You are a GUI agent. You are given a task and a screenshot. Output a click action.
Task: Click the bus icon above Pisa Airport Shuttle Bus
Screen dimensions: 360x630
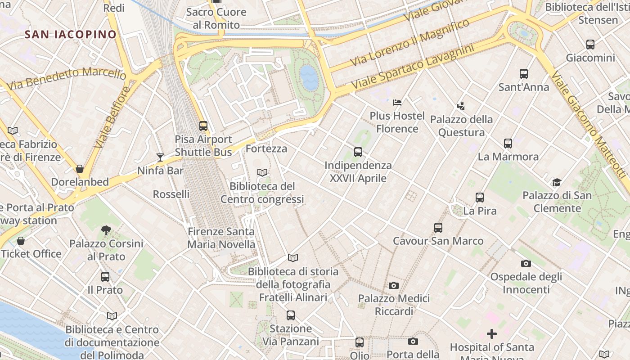click(x=203, y=126)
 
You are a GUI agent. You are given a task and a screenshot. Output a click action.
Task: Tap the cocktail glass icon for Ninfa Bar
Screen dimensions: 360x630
click(x=160, y=157)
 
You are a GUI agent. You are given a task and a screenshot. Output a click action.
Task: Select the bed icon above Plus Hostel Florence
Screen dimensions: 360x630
click(x=397, y=103)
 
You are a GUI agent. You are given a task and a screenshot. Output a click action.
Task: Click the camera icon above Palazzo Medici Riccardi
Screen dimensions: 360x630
click(x=394, y=285)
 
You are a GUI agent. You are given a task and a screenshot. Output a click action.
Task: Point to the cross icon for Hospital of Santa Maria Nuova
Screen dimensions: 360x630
click(x=492, y=334)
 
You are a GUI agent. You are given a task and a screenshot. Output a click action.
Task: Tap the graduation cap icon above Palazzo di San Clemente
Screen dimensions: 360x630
click(x=557, y=182)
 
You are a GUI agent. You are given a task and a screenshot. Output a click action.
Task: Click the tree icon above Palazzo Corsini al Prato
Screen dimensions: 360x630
click(x=106, y=230)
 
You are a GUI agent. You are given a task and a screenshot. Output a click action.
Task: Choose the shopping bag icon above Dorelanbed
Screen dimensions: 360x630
click(x=80, y=169)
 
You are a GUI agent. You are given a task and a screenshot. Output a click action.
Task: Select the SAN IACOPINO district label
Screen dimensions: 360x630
click(x=71, y=34)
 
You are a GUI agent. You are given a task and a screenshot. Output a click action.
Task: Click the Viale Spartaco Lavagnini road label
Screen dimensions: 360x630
click(x=413, y=67)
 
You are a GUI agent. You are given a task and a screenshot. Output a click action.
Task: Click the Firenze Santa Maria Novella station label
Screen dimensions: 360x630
click(x=221, y=238)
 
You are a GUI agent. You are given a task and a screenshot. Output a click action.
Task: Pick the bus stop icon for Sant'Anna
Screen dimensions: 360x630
click(x=523, y=74)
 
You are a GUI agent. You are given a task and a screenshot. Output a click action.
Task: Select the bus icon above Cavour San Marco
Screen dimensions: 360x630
click(x=438, y=228)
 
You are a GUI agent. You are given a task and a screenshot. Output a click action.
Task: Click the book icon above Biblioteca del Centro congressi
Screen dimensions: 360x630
click(x=262, y=172)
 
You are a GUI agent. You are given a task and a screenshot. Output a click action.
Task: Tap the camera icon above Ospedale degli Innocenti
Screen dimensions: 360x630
click(x=526, y=263)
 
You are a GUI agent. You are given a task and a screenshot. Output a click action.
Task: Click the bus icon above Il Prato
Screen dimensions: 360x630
click(x=105, y=277)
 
